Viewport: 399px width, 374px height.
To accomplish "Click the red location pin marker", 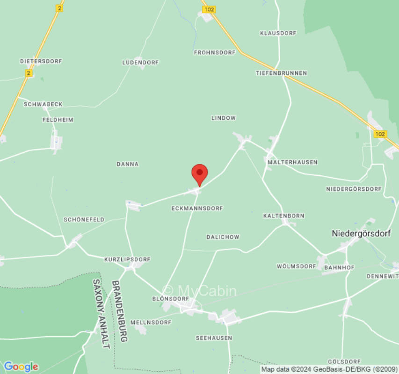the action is tap(200, 174).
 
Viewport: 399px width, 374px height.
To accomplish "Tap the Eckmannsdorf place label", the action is tap(197, 208).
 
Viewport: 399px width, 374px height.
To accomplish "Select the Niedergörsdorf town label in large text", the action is tap(361, 233).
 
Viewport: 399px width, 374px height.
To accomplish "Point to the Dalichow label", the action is tap(223, 237).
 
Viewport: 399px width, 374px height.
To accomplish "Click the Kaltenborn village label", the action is tap(283, 216).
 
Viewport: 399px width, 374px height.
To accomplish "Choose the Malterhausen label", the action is tap(292, 162).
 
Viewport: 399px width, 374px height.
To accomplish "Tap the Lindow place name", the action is tap(224, 118).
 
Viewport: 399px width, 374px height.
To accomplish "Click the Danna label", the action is tap(127, 164).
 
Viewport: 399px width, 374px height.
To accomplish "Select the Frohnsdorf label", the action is tap(215, 53).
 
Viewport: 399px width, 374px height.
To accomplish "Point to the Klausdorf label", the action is tap(278, 33).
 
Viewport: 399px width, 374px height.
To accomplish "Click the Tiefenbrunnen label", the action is tap(281, 73).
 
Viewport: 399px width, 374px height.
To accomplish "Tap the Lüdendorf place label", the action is tap(140, 62).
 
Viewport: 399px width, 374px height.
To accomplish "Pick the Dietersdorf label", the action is tap(41, 61).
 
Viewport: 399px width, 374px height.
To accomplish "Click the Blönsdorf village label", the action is tap(170, 298).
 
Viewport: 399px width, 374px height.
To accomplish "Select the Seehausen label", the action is tap(214, 338).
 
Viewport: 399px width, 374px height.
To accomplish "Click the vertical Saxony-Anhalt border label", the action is tap(102, 314).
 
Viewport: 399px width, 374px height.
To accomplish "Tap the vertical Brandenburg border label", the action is tap(119, 311).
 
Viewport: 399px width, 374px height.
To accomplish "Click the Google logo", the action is tap(21, 367).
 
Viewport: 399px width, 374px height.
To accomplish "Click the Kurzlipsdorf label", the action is tap(127, 259).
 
